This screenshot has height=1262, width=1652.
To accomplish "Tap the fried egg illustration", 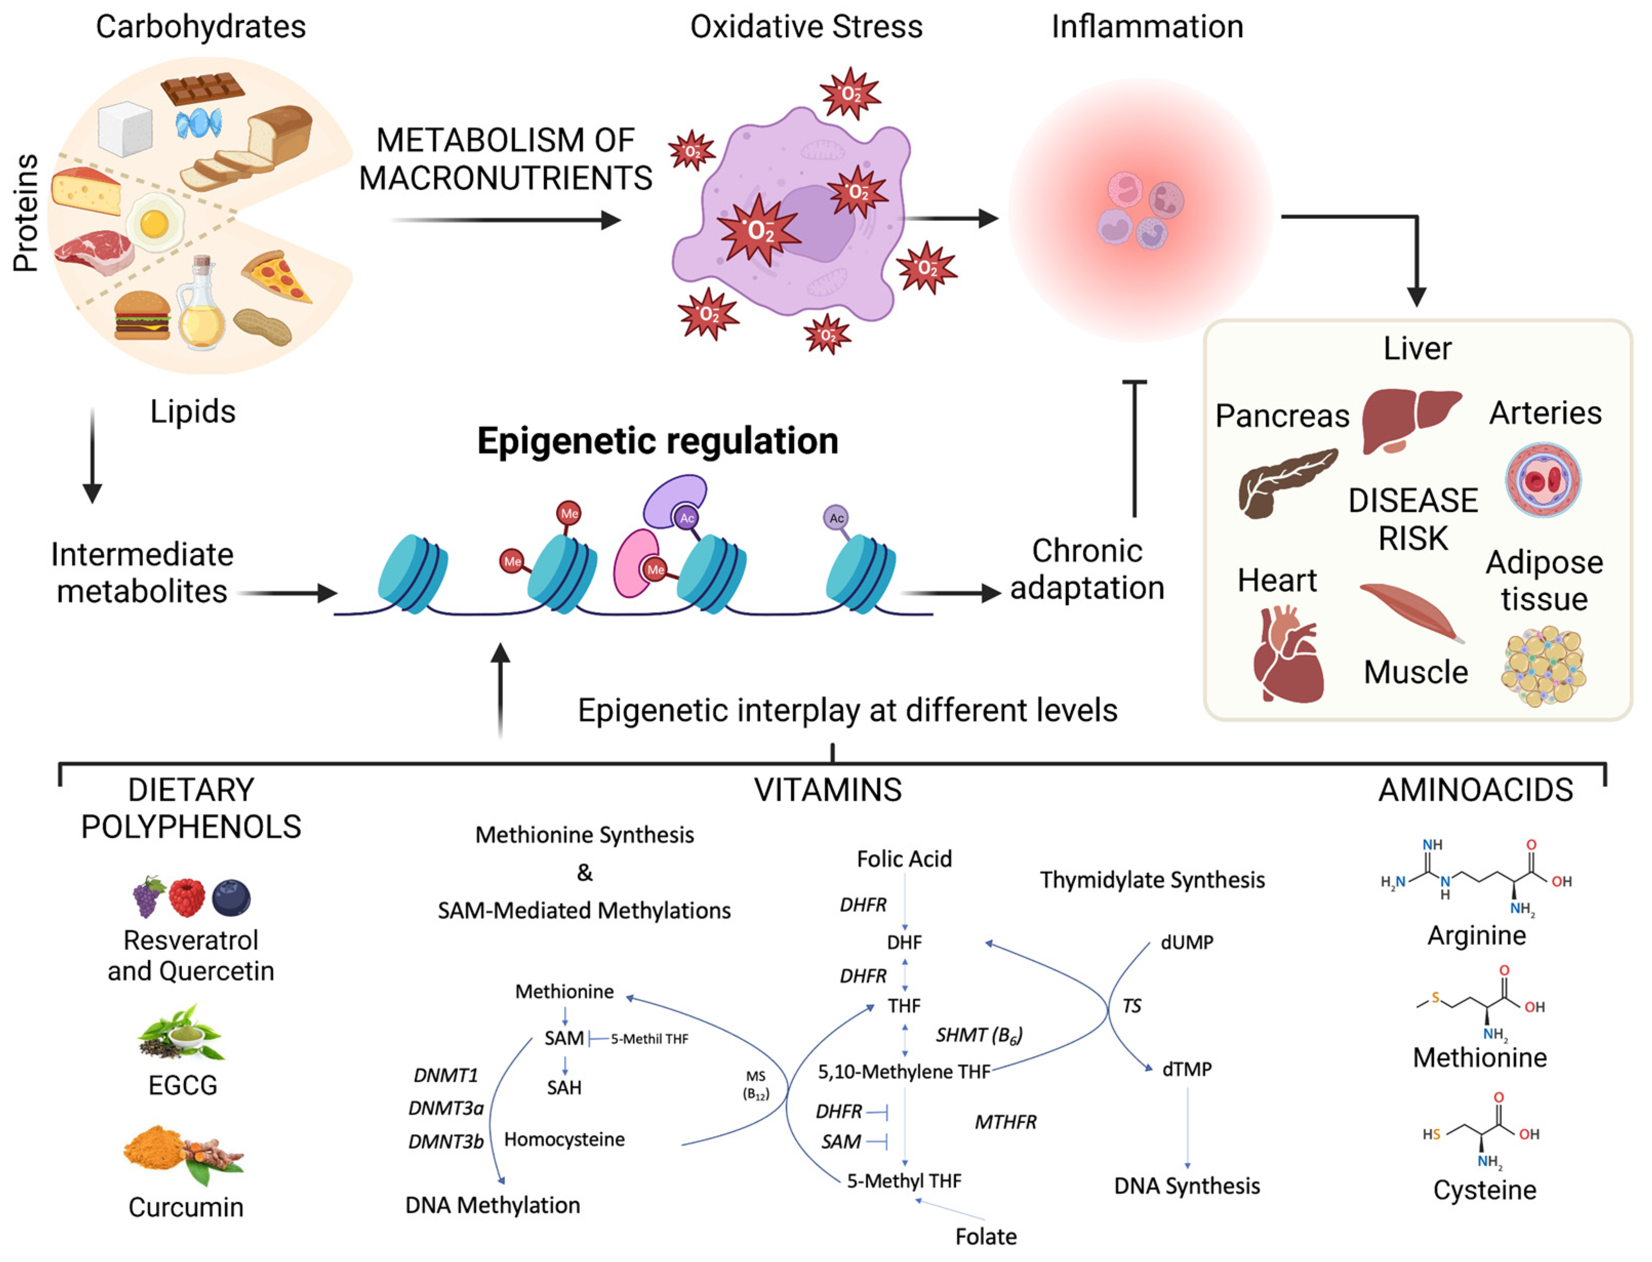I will click(x=155, y=222).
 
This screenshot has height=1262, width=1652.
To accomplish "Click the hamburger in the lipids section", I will click(x=142, y=316).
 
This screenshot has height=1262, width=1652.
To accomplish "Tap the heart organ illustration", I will click(x=1285, y=656).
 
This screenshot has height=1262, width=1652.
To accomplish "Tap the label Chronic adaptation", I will click(x=1086, y=569).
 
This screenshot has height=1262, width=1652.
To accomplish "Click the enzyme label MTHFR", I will click(x=1005, y=1122).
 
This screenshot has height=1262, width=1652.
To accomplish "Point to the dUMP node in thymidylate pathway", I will click(x=1186, y=942).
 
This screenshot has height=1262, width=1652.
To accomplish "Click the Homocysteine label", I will click(x=564, y=1139).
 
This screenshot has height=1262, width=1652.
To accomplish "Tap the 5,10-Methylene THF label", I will click(x=904, y=1072).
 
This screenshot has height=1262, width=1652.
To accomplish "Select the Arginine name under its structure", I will click(x=1476, y=936).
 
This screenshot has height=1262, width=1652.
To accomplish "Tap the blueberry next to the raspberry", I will click(x=231, y=898).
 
